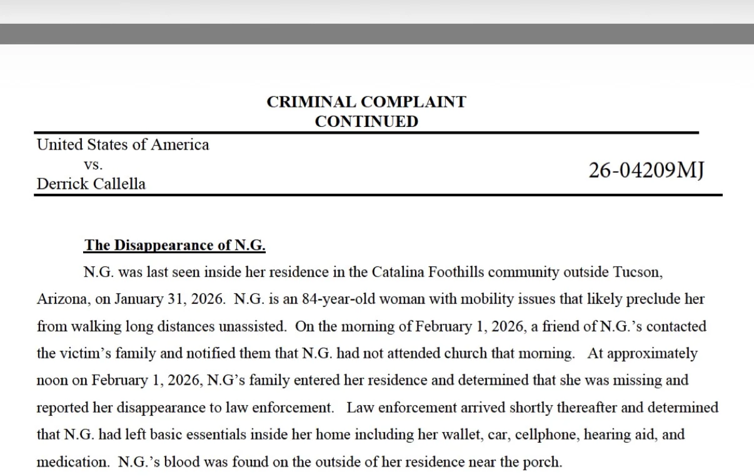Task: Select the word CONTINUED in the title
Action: coord(366,121)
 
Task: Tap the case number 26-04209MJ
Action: coord(646,170)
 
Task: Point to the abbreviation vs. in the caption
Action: coord(93,165)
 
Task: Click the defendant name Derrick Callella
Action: coord(91,184)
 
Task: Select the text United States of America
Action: coord(123,145)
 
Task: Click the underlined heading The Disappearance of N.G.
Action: coord(174,245)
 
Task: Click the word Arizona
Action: coord(61,299)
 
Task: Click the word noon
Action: coord(51,380)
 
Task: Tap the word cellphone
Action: coord(548,434)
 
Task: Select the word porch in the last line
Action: coord(543,462)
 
